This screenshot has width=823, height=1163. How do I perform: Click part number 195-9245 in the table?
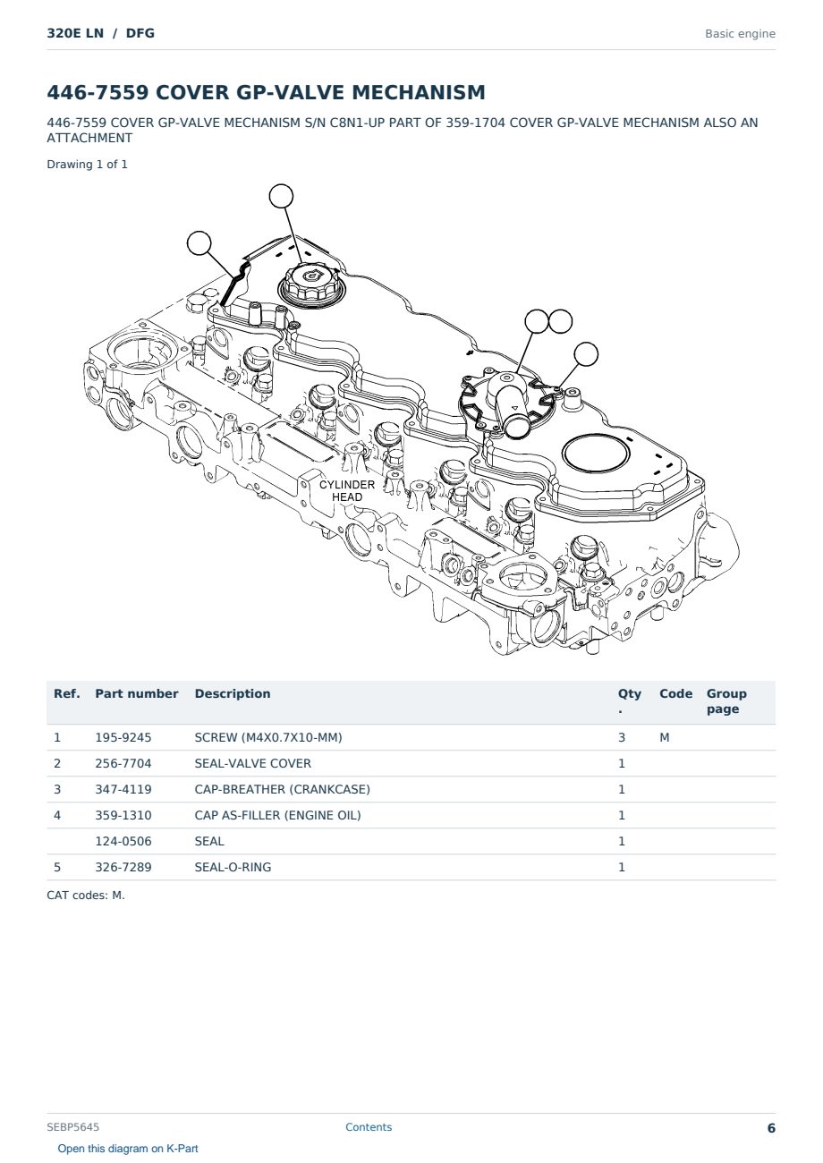[x=123, y=737]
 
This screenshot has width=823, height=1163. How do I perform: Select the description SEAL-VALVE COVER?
[x=252, y=763]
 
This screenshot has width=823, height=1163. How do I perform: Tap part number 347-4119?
[x=123, y=789]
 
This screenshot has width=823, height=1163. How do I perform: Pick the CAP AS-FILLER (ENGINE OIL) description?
[x=277, y=815]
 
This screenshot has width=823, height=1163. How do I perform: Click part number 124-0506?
[x=123, y=841]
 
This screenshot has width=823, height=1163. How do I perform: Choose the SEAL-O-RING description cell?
[x=233, y=867]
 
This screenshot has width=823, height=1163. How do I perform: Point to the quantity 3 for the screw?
[x=622, y=737]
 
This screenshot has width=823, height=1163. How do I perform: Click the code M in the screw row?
[x=664, y=737]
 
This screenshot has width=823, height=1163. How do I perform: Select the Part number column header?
[x=137, y=693]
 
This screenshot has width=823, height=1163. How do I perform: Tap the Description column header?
[x=232, y=693]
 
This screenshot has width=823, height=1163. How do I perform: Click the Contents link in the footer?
[x=369, y=1127]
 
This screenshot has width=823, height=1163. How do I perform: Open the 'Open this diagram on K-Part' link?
[x=128, y=1149]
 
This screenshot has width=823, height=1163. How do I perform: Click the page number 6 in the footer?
[x=771, y=1128]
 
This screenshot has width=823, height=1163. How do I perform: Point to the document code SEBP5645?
[x=72, y=1127]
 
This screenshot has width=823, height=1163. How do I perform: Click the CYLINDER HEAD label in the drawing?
[x=347, y=490]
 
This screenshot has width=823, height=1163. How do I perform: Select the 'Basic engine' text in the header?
[x=740, y=34]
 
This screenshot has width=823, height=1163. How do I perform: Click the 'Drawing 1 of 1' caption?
[x=88, y=165]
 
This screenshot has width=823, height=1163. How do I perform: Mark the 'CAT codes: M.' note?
[x=86, y=896]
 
